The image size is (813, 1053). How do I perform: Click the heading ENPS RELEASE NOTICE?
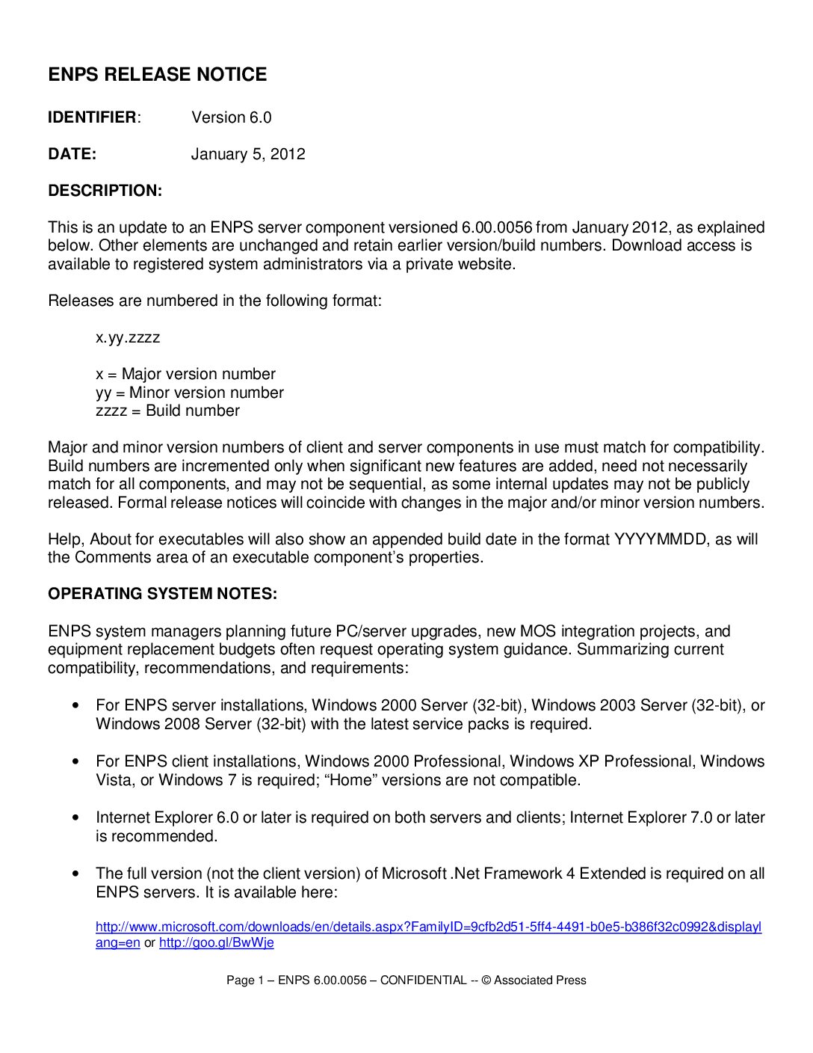click(157, 75)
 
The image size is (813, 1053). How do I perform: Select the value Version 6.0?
click(231, 117)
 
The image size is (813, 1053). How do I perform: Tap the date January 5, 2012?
click(247, 154)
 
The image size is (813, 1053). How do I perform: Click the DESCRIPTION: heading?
click(105, 191)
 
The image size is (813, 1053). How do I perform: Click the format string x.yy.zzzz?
click(128, 337)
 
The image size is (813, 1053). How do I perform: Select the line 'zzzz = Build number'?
click(167, 411)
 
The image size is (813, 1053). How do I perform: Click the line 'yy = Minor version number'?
click(189, 393)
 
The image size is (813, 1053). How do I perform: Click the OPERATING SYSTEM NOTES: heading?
click(162, 594)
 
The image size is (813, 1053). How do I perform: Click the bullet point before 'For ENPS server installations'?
click(75, 706)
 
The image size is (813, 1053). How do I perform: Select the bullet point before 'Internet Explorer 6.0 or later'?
click(75, 818)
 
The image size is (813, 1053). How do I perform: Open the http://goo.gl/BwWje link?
click(216, 943)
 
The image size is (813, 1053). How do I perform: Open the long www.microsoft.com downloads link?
click(428, 927)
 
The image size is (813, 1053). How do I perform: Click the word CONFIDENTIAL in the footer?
click(423, 980)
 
